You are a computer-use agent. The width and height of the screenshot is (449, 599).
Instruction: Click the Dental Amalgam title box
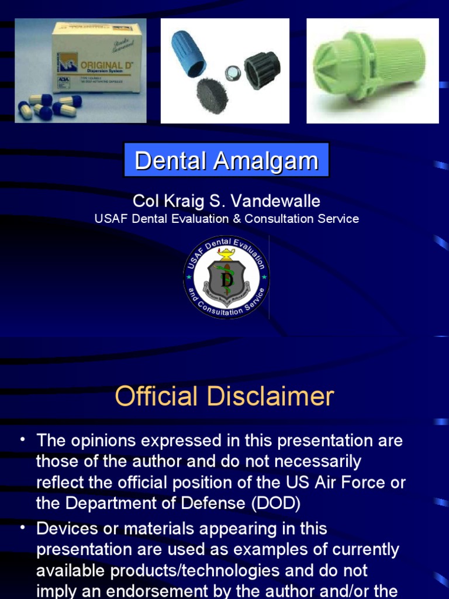(226, 160)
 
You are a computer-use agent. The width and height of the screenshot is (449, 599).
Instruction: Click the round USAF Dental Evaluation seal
(226, 277)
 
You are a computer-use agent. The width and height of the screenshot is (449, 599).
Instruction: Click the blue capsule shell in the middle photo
(188, 53)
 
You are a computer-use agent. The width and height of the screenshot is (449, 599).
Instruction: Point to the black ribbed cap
(261, 70)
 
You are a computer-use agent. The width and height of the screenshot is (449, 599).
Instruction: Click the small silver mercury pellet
(233, 73)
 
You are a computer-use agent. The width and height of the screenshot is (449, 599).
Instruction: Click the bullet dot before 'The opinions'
(22, 440)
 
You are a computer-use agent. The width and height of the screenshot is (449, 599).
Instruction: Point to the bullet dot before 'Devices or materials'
(22, 528)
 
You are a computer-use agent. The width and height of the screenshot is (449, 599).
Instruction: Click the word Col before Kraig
(145, 201)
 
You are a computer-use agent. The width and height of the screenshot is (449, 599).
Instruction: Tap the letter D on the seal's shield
(226, 280)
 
